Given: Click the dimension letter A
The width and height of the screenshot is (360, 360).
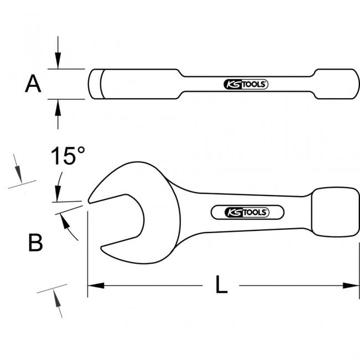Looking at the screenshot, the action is pos(33,84).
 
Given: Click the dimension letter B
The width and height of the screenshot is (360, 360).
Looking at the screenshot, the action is pos(35,243).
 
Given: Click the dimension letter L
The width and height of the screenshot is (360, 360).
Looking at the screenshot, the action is pos(222,284).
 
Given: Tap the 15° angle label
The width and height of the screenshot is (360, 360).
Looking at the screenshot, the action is pos(68,156).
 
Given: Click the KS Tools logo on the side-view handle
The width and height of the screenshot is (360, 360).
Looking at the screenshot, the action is pos(246,85).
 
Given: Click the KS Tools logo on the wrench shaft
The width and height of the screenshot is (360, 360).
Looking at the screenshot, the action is pos(247,212).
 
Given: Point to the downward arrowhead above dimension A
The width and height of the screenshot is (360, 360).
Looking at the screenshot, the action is pos(58,60).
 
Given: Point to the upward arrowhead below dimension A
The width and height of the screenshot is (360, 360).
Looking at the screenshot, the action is pos(58,107).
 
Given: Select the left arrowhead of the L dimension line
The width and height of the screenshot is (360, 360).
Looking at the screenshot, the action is pos(96,286).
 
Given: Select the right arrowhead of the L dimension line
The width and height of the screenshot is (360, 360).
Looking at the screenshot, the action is pos(351,286).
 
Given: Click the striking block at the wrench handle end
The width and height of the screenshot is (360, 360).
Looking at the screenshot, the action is pos(335,212).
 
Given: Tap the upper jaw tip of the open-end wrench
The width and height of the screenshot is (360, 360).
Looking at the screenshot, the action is pos(90,201).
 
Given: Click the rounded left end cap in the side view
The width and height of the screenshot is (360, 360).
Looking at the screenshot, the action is pos(95,84).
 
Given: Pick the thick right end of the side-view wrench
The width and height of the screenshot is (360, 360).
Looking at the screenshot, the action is pos(337,84).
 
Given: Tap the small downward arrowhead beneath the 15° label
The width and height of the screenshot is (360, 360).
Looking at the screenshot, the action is pos(58,193).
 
